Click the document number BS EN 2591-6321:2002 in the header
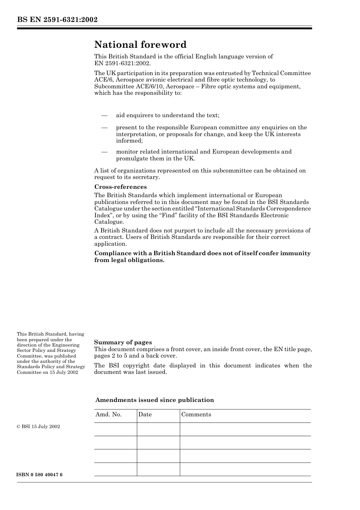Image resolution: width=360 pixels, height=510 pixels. pos(57,20)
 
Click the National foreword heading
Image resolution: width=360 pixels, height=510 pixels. pos(140,45)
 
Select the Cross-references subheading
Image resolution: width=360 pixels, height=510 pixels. pos(120,187)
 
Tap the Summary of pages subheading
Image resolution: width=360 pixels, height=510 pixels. pos(123,342)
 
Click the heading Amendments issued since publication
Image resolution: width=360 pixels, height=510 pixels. pos(154,400)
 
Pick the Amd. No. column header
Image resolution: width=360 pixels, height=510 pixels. pos(108,414)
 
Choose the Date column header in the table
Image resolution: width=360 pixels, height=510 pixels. pos(145,414)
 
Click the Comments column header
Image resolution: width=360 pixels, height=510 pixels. pos(196,414)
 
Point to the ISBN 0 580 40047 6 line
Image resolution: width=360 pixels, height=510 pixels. pos(40,475)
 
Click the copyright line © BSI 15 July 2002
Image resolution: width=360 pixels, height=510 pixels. pos(38,427)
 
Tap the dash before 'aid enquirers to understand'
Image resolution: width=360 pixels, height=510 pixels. pos(104,115)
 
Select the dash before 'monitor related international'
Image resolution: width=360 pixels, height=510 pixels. pos(104,152)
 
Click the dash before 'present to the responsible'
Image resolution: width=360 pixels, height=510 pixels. pos(104,127)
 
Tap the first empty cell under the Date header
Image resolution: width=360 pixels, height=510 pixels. pos(158,429)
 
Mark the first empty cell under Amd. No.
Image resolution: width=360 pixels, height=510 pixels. pos(115,429)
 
